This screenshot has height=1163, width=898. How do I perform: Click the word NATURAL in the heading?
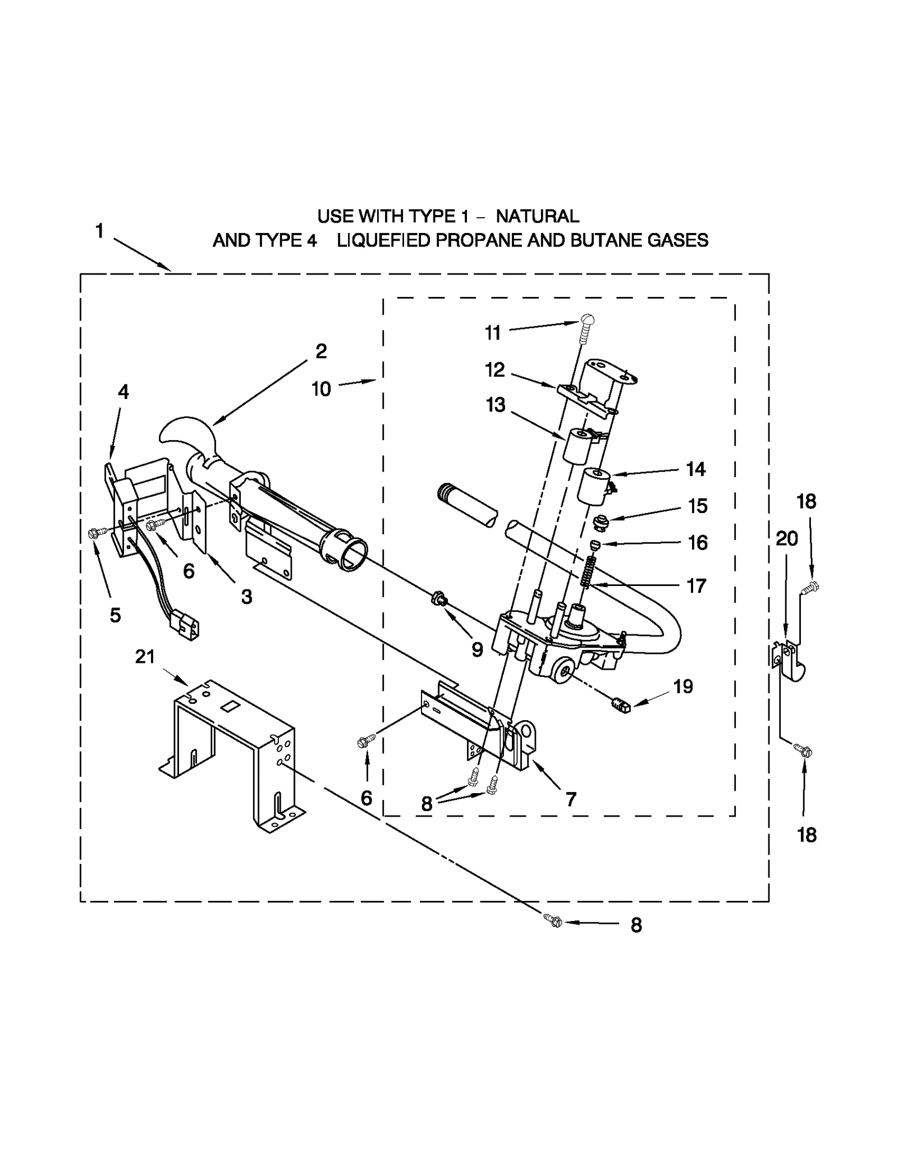tap(537, 216)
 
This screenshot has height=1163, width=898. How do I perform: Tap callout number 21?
tap(145, 656)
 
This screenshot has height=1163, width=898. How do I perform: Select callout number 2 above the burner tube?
tap(320, 351)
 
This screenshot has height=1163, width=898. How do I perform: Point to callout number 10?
tap(321, 389)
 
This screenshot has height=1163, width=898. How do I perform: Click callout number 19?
tap(683, 686)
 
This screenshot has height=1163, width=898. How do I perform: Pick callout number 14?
tap(695, 469)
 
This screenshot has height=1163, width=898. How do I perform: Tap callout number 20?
tap(786, 539)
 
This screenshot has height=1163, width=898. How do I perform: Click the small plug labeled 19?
tap(621, 705)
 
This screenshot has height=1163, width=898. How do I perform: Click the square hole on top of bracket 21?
tap(228, 706)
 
